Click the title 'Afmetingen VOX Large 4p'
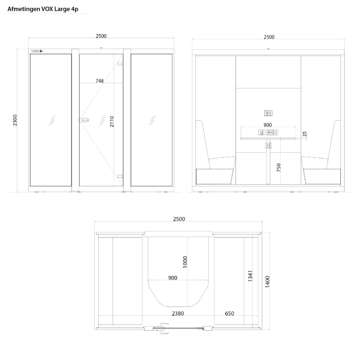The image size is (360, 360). coord(43,9)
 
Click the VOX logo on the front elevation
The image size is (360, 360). coord(37,51)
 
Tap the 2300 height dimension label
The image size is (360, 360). coord(15,120)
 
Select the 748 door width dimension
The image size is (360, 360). coord(100,81)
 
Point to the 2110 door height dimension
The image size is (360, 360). coord(112,121)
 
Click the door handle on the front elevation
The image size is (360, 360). coord(84,120)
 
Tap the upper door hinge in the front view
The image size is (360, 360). coord(120,64)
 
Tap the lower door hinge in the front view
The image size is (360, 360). coord(120,176)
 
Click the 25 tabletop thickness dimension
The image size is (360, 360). coord(304,134)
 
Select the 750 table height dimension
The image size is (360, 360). coord(279,167)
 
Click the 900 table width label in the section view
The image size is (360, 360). coord(268,125)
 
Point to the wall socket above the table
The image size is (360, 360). coord(268,113)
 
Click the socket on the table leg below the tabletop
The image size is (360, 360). coord(268,146)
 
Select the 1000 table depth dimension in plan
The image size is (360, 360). coord(185,262)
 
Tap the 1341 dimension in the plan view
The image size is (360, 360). coord(250,276)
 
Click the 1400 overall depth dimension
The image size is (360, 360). coord(267,282)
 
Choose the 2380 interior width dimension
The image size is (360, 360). coord(178,313)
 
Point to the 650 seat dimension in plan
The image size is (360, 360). coord(229,313)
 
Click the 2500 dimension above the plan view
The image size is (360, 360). coord(179,219)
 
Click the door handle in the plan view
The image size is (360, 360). coord(164,328)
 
